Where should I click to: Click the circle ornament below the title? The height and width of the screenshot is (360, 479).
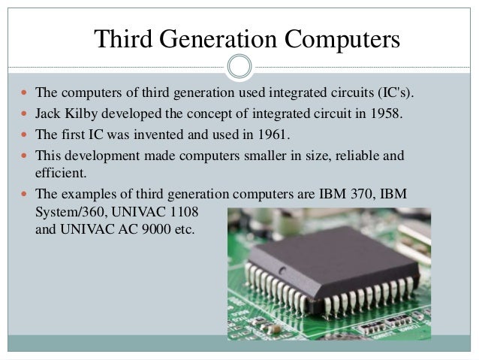click(x=239, y=66)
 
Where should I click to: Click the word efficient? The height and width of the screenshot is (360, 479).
click(x=61, y=172)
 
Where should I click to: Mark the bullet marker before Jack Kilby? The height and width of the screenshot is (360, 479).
click(x=23, y=114)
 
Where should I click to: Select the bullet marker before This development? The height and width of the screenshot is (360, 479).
click(x=23, y=156)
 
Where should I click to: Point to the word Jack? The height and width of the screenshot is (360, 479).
click(x=49, y=114)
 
